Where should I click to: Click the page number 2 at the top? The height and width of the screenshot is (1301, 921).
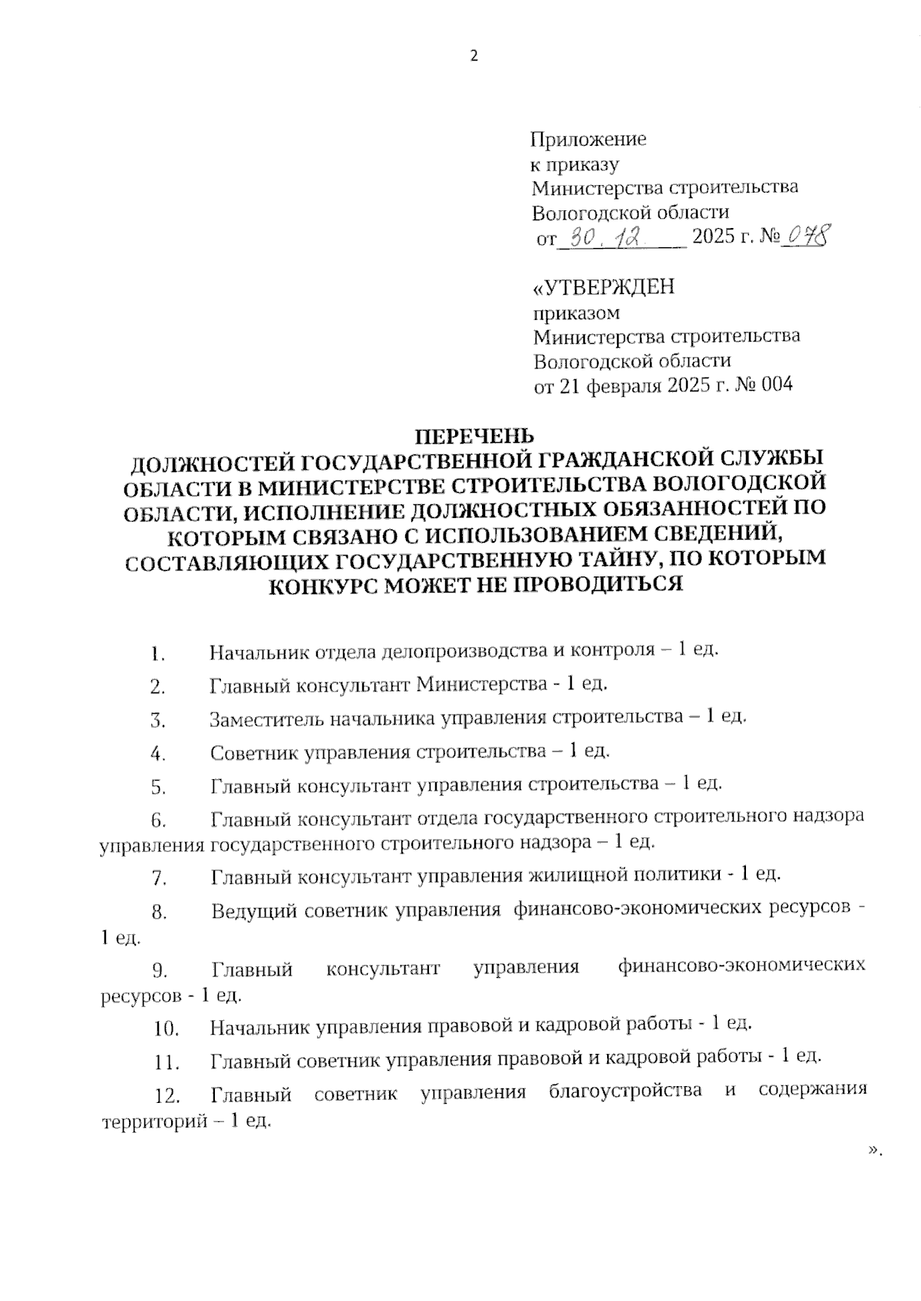tap(474, 56)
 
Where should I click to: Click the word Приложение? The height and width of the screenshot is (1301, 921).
tap(589, 139)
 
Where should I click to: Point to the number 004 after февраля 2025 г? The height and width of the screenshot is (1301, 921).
tap(777, 385)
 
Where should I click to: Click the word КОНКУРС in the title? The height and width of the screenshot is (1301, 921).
tap(322, 586)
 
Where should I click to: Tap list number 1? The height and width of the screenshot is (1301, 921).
tap(158, 655)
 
